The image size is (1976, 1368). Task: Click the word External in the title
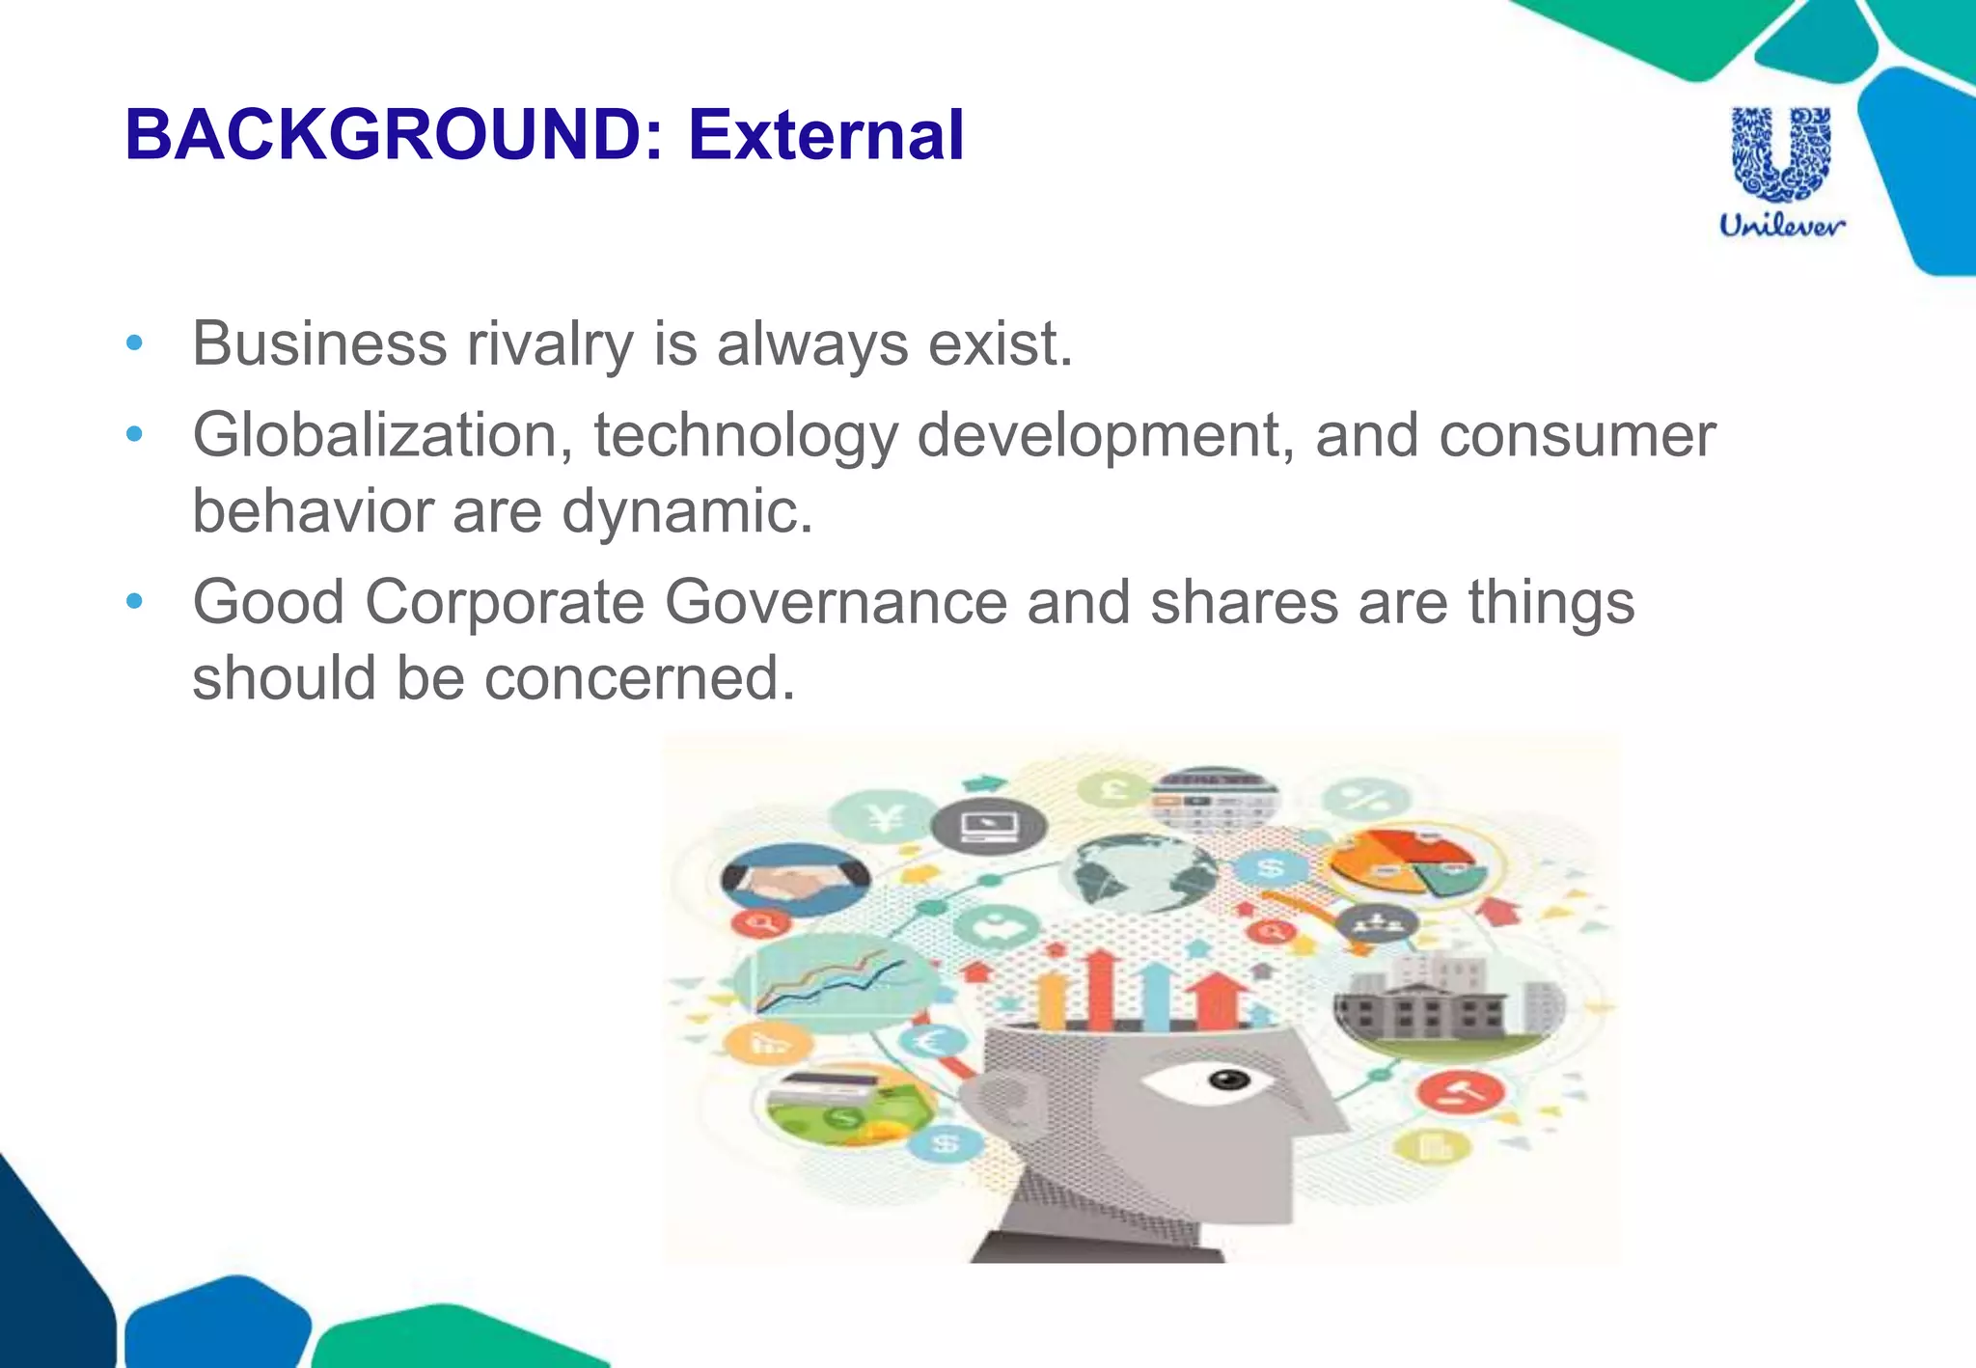pyautogui.click(x=826, y=135)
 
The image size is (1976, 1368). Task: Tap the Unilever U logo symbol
pyautogui.click(x=1781, y=154)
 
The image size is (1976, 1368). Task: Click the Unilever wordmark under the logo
pyautogui.click(x=1781, y=226)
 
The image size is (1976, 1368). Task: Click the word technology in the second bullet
pyautogui.click(x=746, y=436)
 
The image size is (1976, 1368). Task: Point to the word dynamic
pyautogui.click(x=687, y=511)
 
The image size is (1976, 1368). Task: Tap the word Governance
pyautogui.click(x=836, y=603)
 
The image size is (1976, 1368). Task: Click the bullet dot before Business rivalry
pyautogui.click(x=134, y=343)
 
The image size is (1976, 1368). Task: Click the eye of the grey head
pyautogui.click(x=1227, y=1080)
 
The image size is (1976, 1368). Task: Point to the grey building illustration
pyautogui.click(x=1447, y=1005)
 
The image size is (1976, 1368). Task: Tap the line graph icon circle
pyautogui.click(x=832, y=982)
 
